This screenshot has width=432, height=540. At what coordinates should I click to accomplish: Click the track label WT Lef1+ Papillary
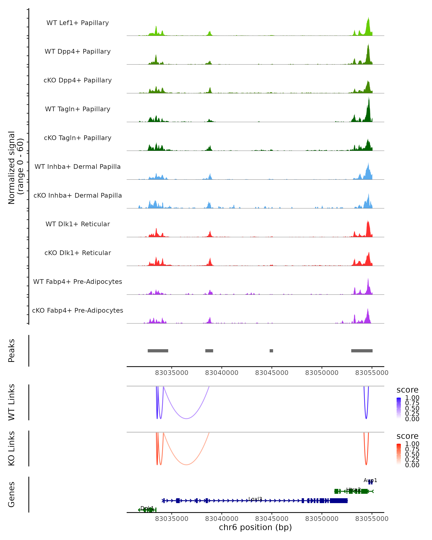click(78, 23)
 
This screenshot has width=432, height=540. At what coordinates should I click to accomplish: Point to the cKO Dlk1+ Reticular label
click(78, 253)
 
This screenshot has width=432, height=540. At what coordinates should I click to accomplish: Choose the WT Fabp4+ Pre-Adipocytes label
click(78, 282)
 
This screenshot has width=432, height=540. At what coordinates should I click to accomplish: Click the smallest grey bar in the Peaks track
click(271, 351)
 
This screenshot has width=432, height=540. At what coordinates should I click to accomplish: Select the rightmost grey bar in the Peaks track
click(362, 351)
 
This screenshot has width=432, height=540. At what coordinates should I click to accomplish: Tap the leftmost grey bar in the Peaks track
click(158, 351)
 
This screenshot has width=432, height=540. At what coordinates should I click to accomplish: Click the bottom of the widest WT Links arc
click(186, 418)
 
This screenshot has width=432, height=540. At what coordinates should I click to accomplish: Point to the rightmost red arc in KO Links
click(366, 465)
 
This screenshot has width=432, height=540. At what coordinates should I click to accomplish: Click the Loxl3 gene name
click(255, 499)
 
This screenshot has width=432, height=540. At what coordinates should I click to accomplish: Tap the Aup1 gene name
click(370, 480)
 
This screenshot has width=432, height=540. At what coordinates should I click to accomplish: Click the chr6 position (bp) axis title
click(255, 527)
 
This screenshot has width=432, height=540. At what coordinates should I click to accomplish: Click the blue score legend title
click(407, 390)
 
